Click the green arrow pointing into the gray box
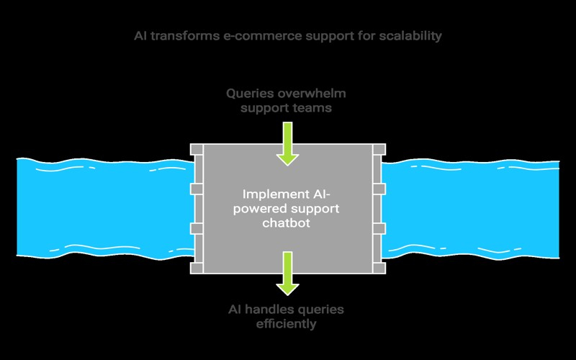pyautogui.click(x=287, y=143)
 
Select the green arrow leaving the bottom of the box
pyautogui.click(x=287, y=273)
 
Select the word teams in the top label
pyautogui.click(x=314, y=108)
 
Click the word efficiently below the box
pyautogui.click(x=287, y=324)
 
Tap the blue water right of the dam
pyautogui.click(x=475, y=209)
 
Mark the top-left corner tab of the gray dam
pyautogui.click(x=196, y=150)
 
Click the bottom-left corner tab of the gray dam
pyautogui.click(x=196, y=268)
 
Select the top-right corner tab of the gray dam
pyautogui.click(x=379, y=150)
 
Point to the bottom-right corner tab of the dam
pyautogui.click(x=379, y=268)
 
